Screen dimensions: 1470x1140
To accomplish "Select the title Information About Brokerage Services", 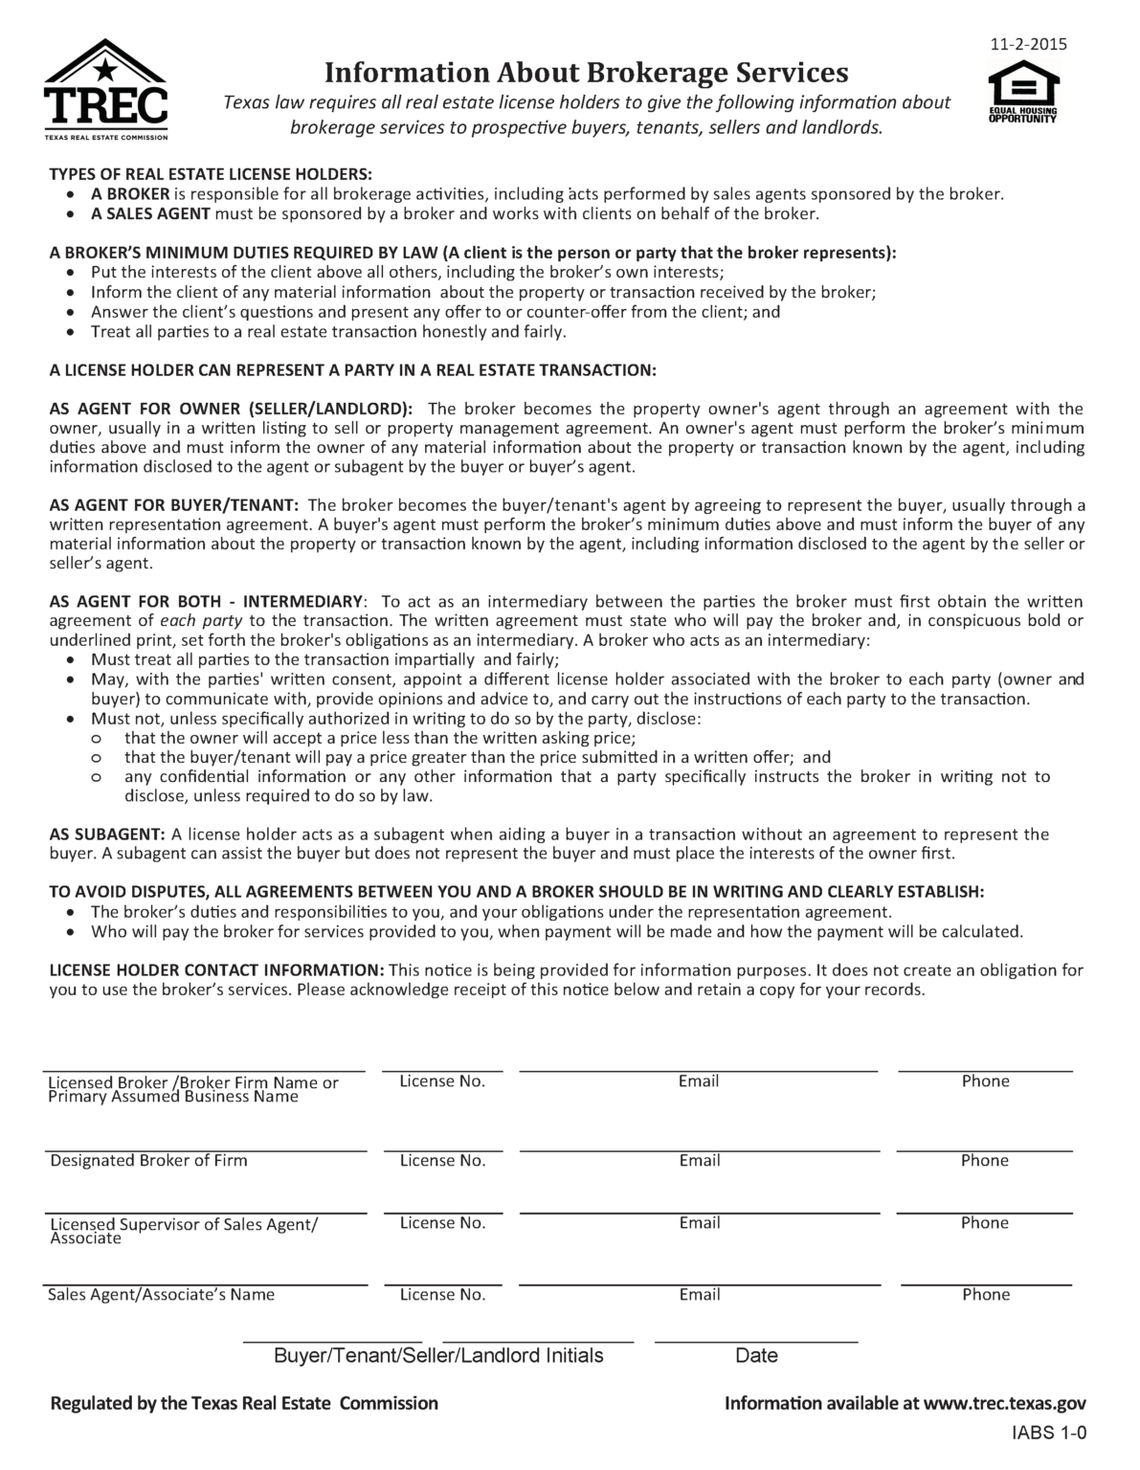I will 586,73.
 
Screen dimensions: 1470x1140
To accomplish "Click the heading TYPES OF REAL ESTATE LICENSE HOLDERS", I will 211,174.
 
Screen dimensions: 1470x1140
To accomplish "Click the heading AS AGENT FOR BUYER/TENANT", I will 174,505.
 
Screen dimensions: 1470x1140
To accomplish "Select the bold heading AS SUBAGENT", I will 107,835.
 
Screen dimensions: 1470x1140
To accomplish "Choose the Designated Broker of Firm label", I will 148,1161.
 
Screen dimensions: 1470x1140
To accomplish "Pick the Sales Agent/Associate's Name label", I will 161,1295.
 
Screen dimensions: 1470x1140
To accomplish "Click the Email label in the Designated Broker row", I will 699,1161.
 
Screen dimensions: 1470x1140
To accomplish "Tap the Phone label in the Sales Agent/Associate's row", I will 986,1295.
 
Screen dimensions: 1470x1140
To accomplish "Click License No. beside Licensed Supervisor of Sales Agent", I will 442,1223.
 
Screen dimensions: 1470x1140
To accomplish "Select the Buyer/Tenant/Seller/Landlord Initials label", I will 438,1356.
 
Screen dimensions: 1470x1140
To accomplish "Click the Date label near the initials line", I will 756,1356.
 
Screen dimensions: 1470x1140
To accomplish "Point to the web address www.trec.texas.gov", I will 1005,1404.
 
